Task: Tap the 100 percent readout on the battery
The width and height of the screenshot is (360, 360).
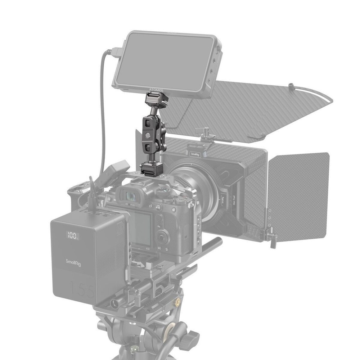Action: (x=72, y=236)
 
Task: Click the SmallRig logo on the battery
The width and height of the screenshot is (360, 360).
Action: (x=73, y=262)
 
